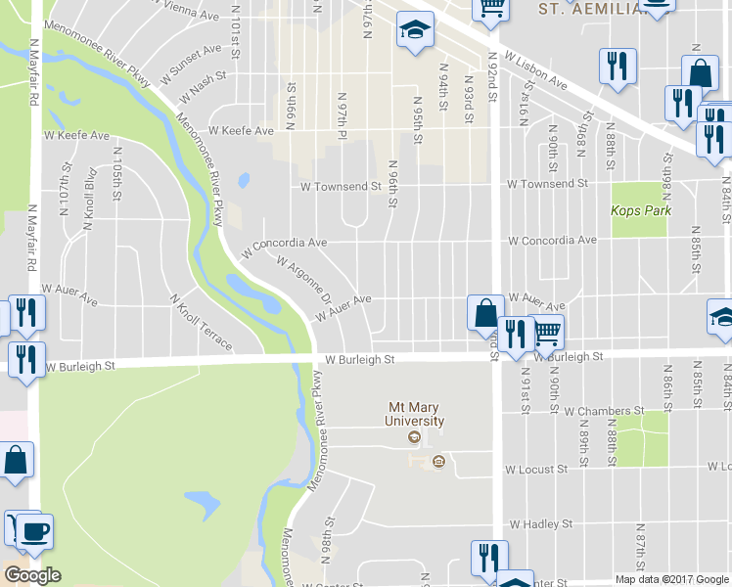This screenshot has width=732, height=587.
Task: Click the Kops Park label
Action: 639,210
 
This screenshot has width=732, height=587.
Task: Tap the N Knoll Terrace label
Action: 202,324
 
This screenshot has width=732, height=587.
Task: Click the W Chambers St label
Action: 607,411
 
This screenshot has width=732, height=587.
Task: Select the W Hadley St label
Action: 540,524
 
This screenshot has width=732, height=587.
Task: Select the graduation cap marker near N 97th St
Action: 415,30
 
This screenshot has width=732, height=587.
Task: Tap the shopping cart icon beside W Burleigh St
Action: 548,333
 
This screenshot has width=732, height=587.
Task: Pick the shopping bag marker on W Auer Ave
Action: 484,313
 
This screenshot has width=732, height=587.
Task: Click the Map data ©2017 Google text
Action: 671,579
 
